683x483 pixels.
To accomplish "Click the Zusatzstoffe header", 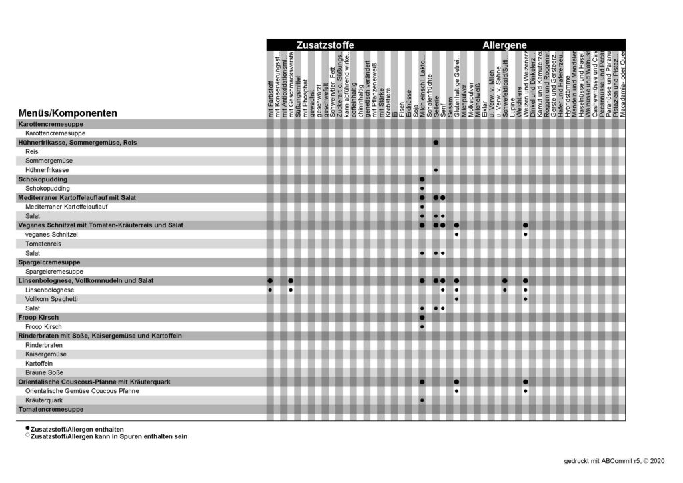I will (325, 45).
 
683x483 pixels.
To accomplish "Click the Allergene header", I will (504, 45).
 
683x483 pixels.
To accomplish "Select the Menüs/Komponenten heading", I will (68, 113).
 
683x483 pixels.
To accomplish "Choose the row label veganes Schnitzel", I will (51, 235).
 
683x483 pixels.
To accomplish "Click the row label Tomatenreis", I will (44, 244).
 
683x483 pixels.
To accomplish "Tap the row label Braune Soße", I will (45, 372).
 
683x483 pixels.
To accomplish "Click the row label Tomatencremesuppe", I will (51, 409).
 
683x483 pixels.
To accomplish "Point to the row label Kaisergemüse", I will (45, 354).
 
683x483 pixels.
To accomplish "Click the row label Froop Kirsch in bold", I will (39, 318).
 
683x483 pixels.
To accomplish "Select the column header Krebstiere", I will (388, 103).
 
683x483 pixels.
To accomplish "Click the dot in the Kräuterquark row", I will (422, 400).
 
